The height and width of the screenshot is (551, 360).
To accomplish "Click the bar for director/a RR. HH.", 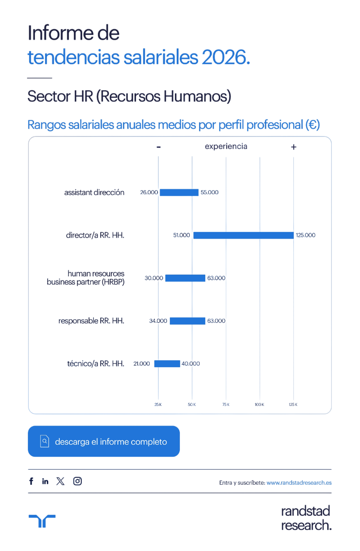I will [243, 235].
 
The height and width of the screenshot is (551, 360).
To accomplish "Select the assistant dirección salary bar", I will [179, 192].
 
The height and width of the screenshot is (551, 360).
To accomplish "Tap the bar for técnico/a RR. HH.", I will [167, 364].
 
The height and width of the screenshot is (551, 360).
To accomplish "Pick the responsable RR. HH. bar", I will [187, 321].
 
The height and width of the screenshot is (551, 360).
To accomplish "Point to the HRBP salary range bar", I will [185, 278].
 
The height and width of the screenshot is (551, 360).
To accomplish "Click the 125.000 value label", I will [306, 235].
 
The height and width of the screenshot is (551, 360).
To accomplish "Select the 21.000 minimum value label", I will [142, 364].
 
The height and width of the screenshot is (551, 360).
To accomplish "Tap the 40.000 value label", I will [191, 364].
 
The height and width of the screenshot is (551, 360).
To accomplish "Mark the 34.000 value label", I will [158, 321].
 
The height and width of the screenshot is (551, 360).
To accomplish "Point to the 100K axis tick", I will [259, 405].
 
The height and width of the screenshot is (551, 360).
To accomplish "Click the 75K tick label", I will [226, 405].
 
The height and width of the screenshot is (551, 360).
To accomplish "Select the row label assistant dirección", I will [94, 192].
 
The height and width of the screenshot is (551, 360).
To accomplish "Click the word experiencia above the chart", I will [226, 146].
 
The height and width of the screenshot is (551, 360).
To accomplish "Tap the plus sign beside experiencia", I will [294, 147].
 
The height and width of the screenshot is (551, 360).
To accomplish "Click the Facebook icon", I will [31, 481].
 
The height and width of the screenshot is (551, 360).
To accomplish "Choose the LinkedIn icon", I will [45, 481].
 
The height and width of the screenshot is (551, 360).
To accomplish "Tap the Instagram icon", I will [77, 481].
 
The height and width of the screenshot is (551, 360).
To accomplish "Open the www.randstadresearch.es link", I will [299, 483].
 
